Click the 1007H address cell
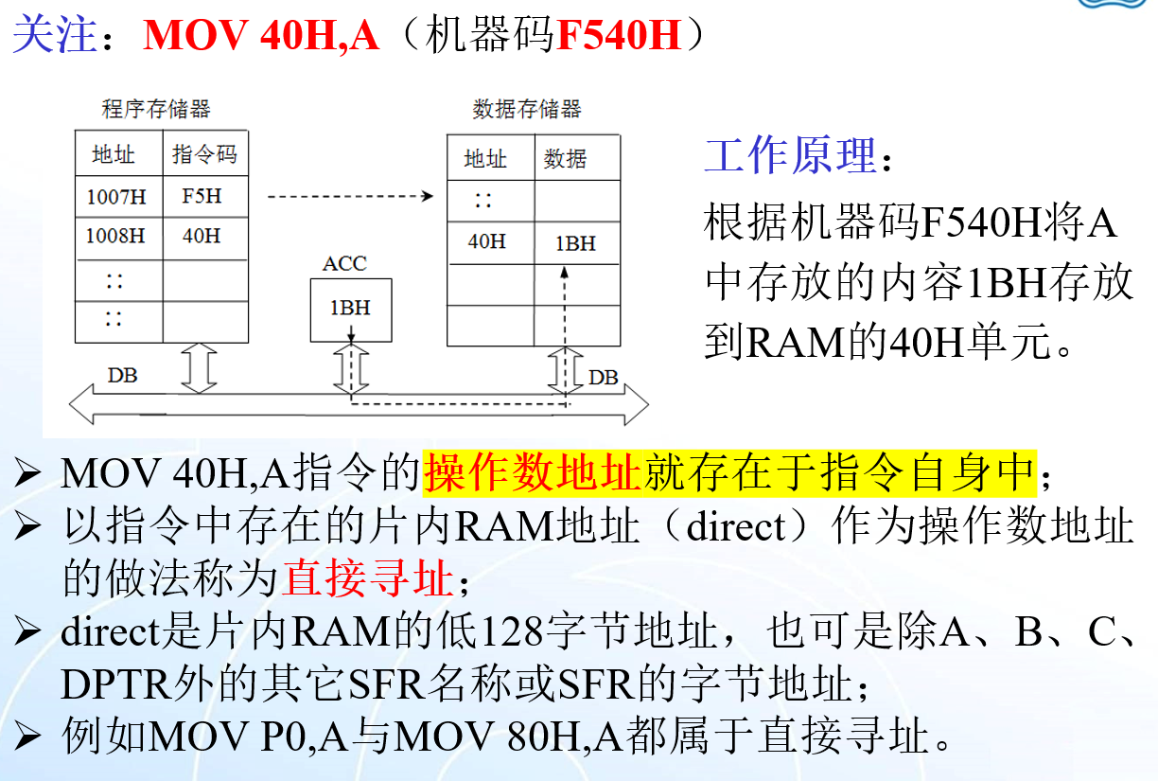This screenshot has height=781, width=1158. click(x=118, y=198)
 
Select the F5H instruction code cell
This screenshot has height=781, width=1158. click(x=203, y=198)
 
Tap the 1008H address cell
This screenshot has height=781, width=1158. click(x=118, y=237)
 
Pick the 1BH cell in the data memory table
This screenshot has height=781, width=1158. click(x=576, y=243)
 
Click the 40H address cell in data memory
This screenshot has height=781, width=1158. click(x=488, y=242)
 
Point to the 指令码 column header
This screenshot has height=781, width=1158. click(x=204, y=153)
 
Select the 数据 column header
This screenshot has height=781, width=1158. click(x=566, y=159)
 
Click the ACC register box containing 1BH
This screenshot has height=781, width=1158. click(x=350, y=309)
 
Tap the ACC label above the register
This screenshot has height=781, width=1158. click(x=344, y=264)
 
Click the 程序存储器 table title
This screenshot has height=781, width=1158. click(x=156, y=109)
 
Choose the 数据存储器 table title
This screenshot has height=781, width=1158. click(x=527, y=109)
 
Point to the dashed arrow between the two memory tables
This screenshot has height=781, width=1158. click(x=350, y=197)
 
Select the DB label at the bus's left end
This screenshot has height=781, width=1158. click(x=122, y=376)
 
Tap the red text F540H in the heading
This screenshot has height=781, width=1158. click(x=619, y=36)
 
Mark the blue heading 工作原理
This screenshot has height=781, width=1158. click(x=791, y=155)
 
